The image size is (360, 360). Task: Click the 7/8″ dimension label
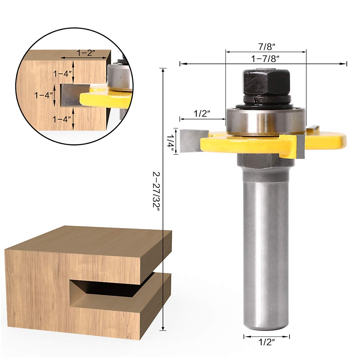click(x=266, y=47)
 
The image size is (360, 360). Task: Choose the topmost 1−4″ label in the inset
click(x=62, y=73)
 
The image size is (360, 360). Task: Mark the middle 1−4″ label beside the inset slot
click(x=44, y=96)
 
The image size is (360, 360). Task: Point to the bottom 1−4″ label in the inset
click(x=62, y=119)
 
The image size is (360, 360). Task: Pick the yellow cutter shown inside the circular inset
click(x=105, y=97)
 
